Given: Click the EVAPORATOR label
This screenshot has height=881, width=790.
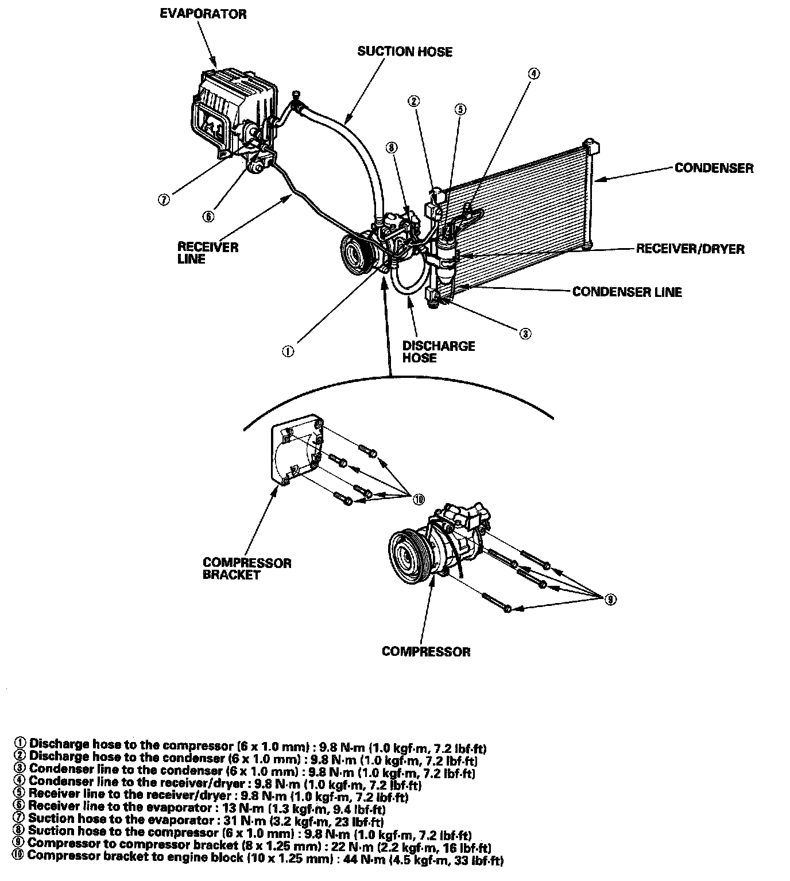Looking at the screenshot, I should coord(203,14).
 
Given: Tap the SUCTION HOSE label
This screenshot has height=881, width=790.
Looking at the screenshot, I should coord(405,52).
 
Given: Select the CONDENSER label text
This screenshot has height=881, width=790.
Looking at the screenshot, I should coord(714,168).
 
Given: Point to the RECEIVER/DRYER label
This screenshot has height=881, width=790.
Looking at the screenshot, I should coord(690,249).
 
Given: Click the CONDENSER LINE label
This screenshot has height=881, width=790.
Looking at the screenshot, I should coord(627,292).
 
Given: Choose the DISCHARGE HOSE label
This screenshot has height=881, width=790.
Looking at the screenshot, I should coord(439,351).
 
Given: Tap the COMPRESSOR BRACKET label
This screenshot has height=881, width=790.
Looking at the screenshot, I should coord(247,569).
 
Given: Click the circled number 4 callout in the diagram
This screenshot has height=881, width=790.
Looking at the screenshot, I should coord(534,74).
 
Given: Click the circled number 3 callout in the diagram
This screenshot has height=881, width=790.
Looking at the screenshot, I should coord(525,333).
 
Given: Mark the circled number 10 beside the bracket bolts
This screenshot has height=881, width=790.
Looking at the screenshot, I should coord(419,499).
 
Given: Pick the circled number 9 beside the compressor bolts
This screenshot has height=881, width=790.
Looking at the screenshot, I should coord(611,600).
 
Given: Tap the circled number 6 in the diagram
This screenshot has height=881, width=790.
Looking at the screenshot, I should coord(208,216).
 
